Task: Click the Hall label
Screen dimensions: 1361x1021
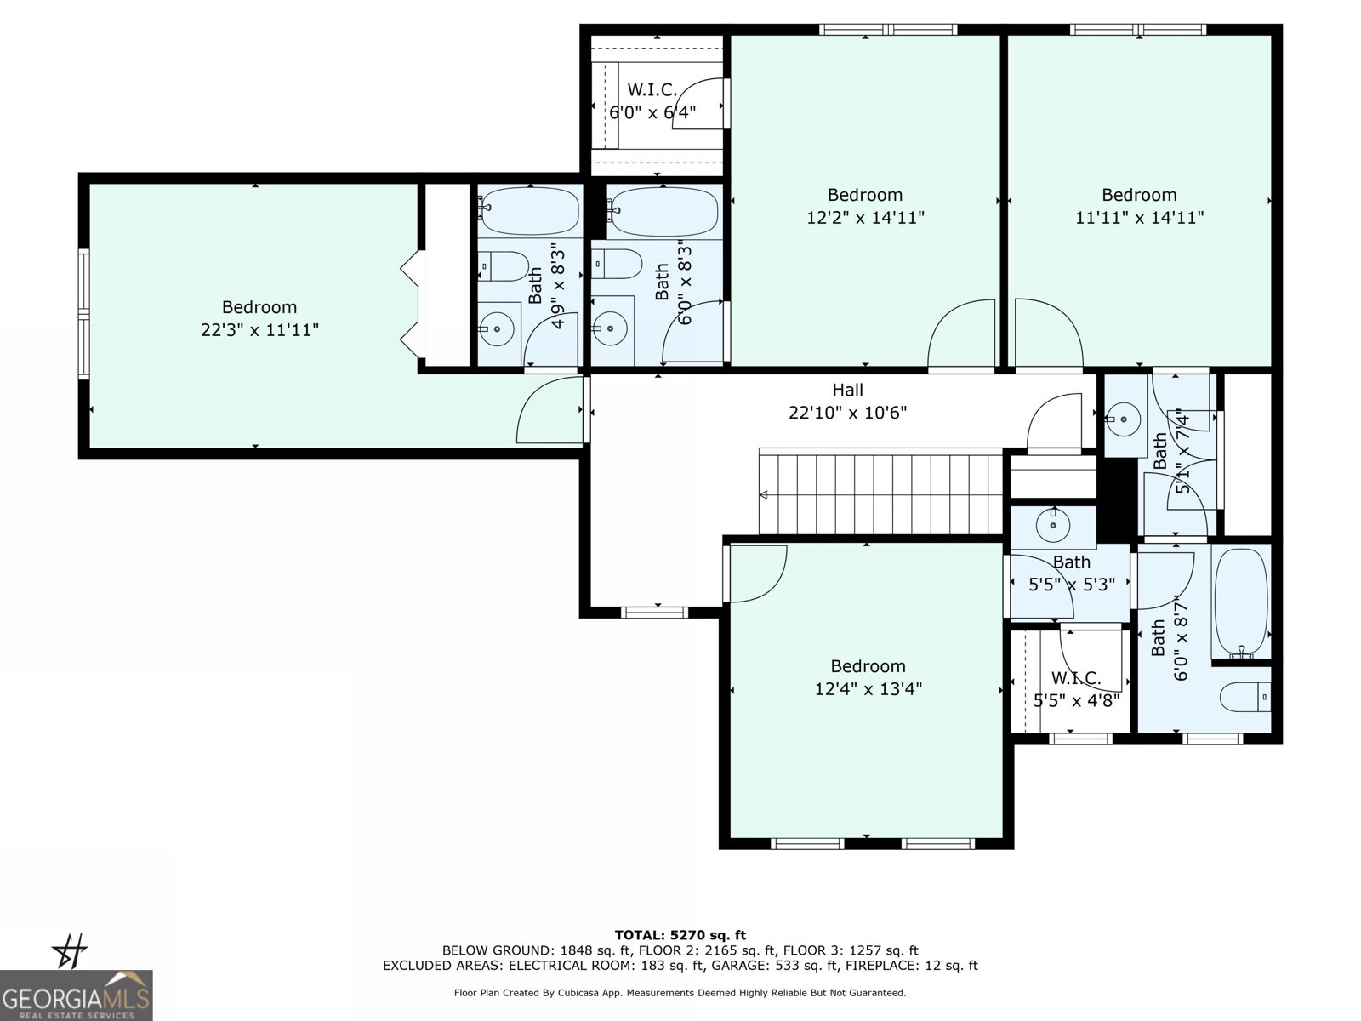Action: (x=847, y=390)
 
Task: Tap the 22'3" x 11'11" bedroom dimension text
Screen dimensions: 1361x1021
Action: (x=259, y=330)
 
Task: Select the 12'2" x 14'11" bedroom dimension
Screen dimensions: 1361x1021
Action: (x=865, y=218)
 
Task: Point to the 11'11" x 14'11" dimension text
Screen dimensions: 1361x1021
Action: (x=1139, y=218)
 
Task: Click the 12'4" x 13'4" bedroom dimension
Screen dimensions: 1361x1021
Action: (x=868, y=688)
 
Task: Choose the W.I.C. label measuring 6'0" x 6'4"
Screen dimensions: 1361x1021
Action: (x=652, y=90)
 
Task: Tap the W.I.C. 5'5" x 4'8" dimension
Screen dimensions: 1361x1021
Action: (x=1076, y=700)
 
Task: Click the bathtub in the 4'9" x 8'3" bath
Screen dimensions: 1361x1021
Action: (x=530, y=211)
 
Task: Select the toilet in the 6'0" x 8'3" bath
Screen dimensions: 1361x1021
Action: (x=617, y=265)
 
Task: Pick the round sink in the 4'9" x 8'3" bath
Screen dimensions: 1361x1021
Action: (x=497, y=328)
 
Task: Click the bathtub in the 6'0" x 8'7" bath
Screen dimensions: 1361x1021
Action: (x=1241, y=602)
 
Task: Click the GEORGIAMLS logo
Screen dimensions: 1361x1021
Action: (x=76, y=995)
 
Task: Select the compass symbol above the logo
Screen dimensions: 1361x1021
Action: (x=70, y=950)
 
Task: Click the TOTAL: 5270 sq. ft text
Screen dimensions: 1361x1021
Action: (x=680, y=935)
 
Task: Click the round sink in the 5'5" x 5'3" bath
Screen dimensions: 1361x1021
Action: (x=1053, y=525)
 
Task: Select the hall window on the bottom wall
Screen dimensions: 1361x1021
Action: (x=654, y=613)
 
